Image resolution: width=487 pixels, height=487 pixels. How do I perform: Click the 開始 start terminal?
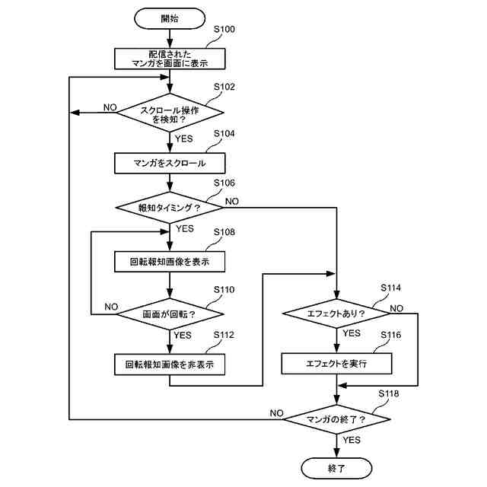pos(170,18)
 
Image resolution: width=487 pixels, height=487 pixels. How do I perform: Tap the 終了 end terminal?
pos(336,468)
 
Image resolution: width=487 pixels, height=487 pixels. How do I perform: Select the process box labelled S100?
pos(170,59)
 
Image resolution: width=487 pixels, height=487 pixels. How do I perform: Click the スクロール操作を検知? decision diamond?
pos(170,113)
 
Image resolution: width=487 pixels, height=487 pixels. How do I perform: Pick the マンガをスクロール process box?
pos(170,163)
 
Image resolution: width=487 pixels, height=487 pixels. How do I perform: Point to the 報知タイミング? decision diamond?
pos(170,208)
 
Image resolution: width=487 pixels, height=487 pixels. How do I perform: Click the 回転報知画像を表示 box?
pos(170,262)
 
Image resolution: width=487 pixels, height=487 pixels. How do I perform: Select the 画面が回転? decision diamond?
pos(170,314)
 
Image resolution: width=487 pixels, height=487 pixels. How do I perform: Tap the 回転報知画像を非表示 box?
pos(170,364)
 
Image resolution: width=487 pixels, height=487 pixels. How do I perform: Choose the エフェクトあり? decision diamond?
pos(336,314)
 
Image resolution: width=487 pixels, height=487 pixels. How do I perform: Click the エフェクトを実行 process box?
pos(336,364)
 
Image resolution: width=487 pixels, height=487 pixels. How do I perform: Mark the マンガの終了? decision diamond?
pos(336,419)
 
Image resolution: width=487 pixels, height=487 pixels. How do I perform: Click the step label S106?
pos(224,183)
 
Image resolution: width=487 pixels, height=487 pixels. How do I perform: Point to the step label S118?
pos(389,394)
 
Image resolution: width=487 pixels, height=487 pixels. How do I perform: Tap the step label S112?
pos(224,335)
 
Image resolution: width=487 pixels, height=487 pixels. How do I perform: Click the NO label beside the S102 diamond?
pos(110,107)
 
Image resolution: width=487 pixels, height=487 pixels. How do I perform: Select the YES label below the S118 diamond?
pos(352,440)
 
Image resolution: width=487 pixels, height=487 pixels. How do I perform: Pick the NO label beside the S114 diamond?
pos(396,308)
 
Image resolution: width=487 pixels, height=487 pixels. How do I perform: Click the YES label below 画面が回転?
pos(183,336)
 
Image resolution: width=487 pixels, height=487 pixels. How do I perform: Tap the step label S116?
pos(390,335)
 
